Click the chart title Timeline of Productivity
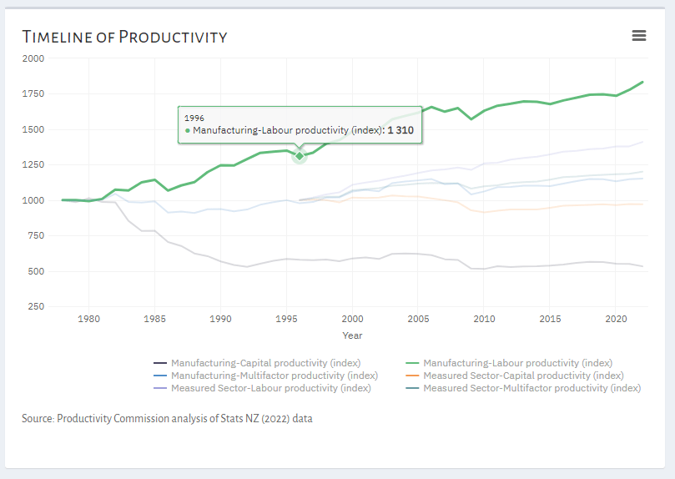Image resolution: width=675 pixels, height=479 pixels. click(124, 37)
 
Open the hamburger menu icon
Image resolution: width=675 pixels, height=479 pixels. click(639, 35)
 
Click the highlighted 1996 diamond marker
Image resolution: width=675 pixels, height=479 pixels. click(300, 156)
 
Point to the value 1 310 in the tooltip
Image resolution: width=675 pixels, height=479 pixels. click(400, 130)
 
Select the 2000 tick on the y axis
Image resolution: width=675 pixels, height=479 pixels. click(34, 58)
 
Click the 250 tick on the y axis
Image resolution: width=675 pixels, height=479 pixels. click(37, 307)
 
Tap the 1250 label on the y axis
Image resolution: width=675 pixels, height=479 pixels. click(34, 165)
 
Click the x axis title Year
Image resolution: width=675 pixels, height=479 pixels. click(352, 335)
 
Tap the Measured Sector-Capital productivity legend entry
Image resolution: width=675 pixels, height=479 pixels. click(523, 376)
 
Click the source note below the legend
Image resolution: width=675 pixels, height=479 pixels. click(167, 419)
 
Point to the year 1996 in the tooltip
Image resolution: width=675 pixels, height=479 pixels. click(194, 118)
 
